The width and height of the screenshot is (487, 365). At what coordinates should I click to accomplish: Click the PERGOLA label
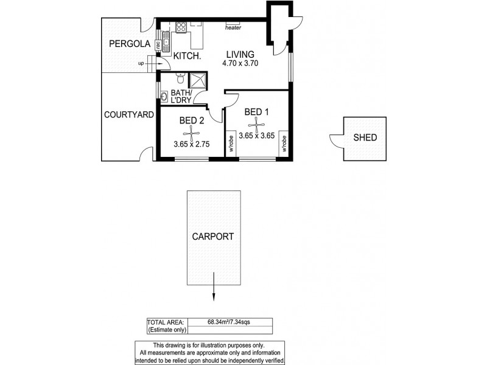[126, 44]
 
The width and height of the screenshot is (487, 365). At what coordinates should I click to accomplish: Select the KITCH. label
[187, 56]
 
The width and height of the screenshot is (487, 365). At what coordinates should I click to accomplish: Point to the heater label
[233, 27]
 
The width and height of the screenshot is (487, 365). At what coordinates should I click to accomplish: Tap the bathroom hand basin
[164, 95]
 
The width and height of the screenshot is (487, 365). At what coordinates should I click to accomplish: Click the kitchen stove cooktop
[181, 26]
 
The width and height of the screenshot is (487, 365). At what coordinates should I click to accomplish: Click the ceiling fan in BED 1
[258, 125]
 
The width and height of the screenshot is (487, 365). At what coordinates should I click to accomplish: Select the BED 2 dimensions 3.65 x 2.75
[192, 145]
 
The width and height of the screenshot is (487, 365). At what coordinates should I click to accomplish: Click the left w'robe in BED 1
[232, 144]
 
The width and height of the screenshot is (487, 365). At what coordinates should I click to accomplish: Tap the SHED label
[365, 137]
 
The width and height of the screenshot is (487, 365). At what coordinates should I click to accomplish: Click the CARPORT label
[213, 237]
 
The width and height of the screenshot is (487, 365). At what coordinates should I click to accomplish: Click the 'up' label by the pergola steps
[141, 63]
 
